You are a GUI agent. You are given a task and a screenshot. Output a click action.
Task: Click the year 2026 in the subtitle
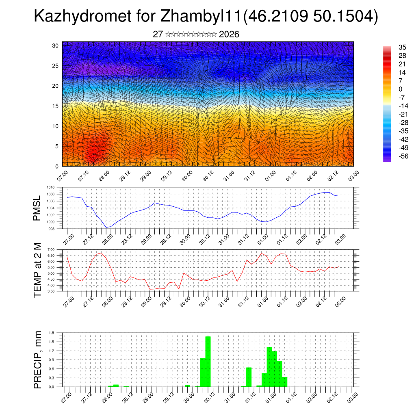[229, 34]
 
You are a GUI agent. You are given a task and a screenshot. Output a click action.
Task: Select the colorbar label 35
[403, 47]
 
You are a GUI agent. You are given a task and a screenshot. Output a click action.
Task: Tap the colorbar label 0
[401, 89]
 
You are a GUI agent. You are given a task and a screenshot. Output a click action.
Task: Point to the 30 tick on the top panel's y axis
[55, 45]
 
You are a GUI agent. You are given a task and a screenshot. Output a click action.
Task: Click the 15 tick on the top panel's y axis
[55, 106]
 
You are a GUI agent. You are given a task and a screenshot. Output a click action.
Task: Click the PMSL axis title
[37, 208]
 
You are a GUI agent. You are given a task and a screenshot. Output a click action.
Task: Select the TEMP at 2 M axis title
[37, 270]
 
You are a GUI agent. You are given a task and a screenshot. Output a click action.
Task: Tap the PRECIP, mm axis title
[37, 360]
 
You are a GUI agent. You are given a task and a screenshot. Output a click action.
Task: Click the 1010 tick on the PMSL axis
[50, 187]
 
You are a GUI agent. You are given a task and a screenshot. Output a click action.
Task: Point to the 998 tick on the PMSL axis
[51, 229]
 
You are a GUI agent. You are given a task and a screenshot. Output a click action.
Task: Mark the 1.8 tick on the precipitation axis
[51, 333]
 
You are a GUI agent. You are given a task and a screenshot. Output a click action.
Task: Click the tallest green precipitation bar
[208, 362]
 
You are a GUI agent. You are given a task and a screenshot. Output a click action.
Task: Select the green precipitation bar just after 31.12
[249, 377]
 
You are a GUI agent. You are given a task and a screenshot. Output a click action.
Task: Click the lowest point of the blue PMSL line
[106, 227]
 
